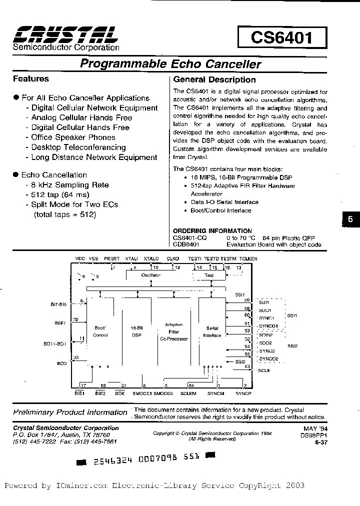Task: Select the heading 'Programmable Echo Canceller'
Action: click(170, 64)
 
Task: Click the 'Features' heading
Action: click(31, 78)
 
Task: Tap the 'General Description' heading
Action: click(214, 79)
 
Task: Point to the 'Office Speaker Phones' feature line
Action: click(73, 137)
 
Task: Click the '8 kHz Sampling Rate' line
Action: click(70, 185)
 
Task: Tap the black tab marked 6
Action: click(350, 219)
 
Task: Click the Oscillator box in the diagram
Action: click(150, 275)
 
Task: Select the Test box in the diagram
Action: click(209, 275)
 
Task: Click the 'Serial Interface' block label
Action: click(212, 332)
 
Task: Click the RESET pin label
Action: click(111, 259)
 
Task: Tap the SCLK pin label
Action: click(264, 370)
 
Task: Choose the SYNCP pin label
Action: click(243, 393)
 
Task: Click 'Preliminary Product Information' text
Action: click(70, 412)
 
